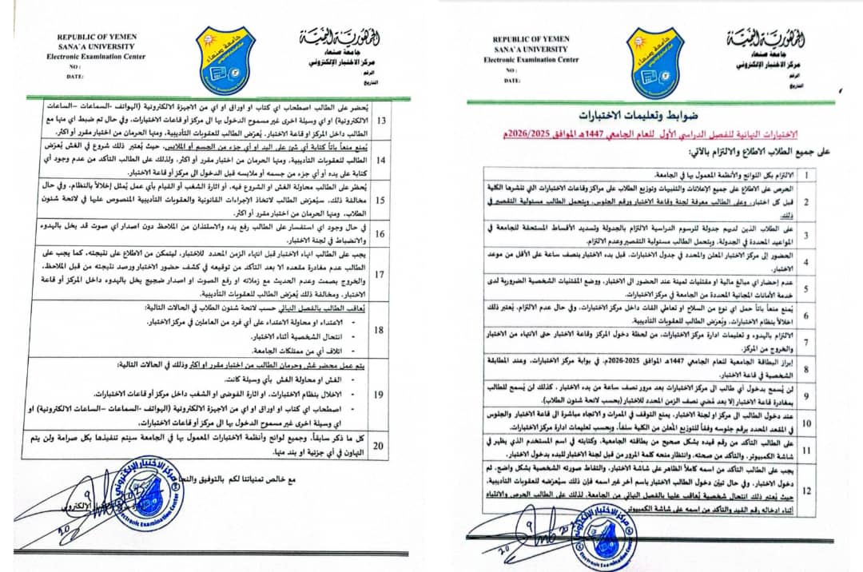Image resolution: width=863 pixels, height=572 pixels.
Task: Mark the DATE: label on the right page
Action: click(x=511, y=81)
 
